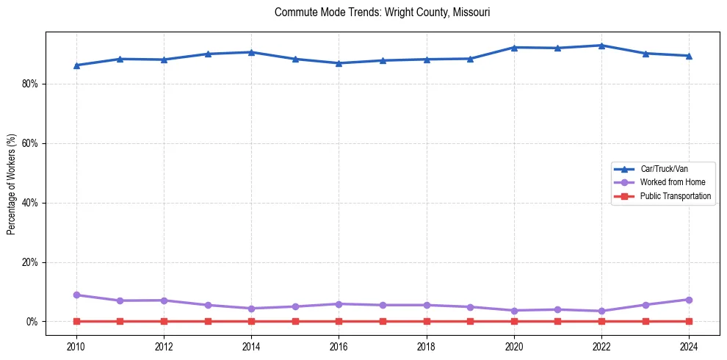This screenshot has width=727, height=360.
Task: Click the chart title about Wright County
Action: click(382, 12)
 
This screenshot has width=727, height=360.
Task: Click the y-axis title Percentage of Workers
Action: click(12, 183)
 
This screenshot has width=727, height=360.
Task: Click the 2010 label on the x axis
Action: click(76, 345)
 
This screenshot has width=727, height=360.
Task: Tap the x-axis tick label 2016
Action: click(339, 345)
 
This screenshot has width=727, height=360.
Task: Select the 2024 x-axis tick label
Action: click(689, 345)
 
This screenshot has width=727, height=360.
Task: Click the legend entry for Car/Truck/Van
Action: click(663, 169)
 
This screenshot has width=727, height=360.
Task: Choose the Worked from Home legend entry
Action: click(672, 182)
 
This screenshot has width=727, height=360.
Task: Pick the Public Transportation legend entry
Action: click(675, 196)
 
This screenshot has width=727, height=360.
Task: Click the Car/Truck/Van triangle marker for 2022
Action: click(601, 46)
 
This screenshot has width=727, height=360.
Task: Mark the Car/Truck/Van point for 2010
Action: click(76, 65)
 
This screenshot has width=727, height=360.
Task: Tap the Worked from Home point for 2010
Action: click(76, 295)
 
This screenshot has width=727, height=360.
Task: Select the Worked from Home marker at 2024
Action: click(689, 300)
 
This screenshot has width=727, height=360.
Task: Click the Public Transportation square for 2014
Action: click(251, 321)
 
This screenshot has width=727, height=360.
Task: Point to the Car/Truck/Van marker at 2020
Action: click(514, 47)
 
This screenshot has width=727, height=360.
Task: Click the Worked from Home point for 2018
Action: click(427, 305)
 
